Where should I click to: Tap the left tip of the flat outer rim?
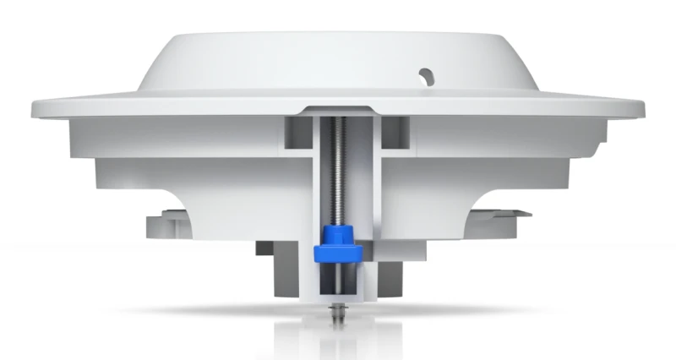(34, 107)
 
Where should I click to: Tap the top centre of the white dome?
(338, 34)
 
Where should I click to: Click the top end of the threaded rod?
(338, 118)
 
